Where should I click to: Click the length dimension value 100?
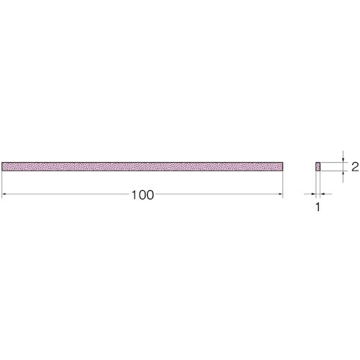coord(143,195)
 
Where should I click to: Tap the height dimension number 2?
coord(355,166)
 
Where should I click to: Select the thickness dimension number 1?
coord(318,207)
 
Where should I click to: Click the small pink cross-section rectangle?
coord(318,166)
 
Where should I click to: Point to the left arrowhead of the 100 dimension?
coord(4,194)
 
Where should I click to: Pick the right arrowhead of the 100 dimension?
coord(281,194)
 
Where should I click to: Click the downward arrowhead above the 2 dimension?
coord(343,161)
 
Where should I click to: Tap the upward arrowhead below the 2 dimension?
coord(343,173)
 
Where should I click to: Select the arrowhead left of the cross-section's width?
coord(313,194)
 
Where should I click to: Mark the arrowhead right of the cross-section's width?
coord(323,194)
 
